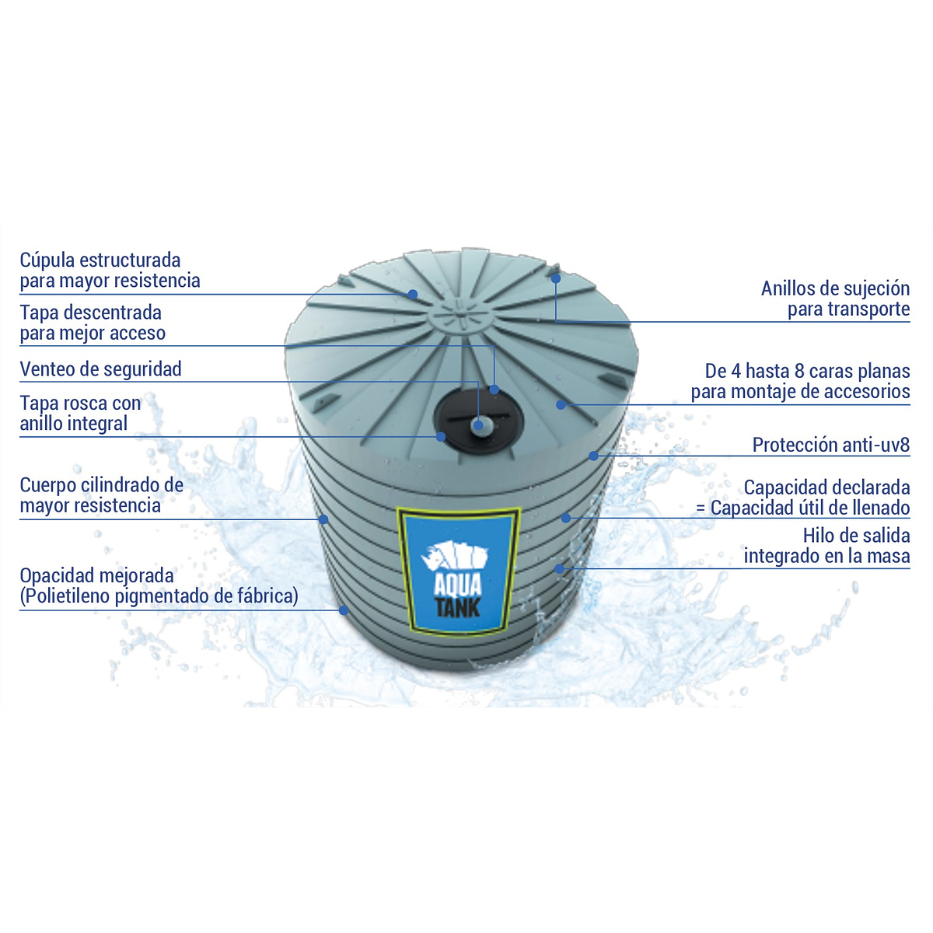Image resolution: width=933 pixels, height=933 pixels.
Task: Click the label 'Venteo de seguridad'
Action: [100, 369]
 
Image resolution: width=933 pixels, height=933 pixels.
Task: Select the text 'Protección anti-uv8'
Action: [830, 446]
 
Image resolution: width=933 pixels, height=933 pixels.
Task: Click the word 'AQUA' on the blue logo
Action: [459, 583]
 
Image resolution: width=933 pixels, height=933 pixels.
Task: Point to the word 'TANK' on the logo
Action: [459, 606]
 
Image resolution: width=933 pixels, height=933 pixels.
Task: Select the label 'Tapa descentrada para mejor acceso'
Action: [93, 323]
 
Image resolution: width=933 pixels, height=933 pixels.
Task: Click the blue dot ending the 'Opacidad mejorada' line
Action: [344, 610]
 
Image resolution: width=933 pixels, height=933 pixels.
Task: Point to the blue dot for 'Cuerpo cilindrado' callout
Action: [323, 519]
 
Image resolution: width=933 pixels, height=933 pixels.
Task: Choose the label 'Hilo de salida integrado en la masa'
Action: [826, 546]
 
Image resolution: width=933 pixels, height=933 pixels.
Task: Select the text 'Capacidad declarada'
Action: [826, 488]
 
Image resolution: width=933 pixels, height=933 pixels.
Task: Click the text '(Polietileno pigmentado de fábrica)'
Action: [159, 596]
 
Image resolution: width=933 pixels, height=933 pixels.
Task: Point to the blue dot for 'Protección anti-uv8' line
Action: [593, 455]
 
